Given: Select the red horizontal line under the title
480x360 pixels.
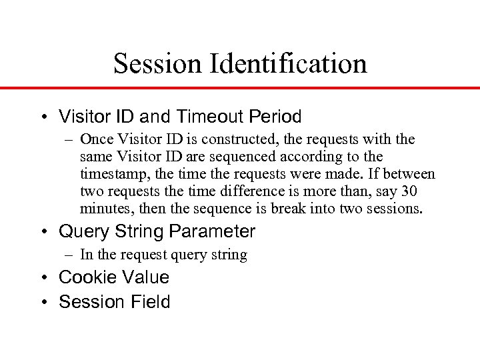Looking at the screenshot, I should point(240,88).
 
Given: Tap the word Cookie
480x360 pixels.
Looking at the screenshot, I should point(85,277).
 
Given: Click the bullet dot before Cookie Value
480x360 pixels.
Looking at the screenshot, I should point(44,277).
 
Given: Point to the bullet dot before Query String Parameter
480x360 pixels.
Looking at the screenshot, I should point(44,232).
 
